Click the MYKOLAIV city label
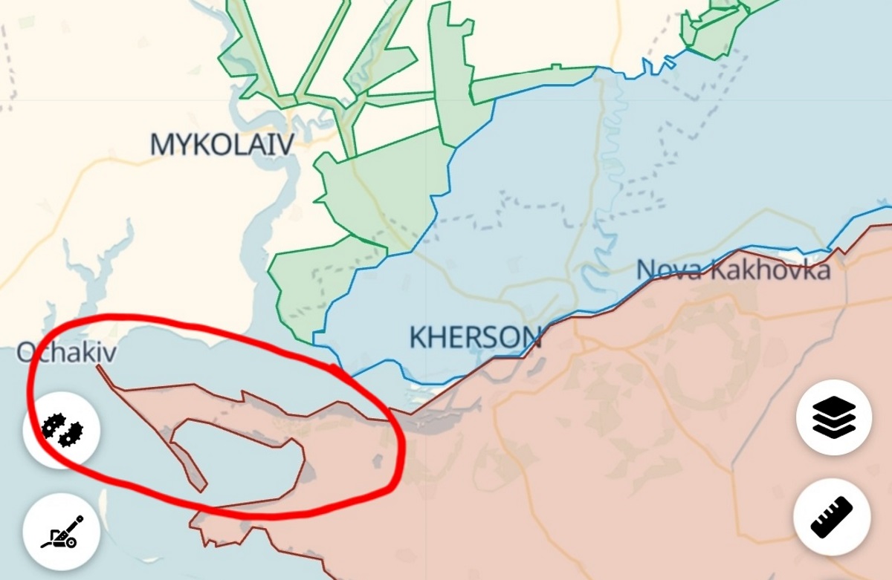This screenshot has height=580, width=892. click(x=222, y=144)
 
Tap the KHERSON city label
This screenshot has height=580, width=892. click(x=475, y=338)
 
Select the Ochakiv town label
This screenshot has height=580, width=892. click(x=67, y=352)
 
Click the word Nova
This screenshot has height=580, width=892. click(x=668, y=270)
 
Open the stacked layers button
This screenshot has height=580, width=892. click(x=833, y=417)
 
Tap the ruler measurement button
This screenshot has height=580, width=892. click(x=831, y=517)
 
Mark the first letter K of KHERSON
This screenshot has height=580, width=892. click(x=418, y=338)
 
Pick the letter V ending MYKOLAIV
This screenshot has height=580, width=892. click(x=283, y=144)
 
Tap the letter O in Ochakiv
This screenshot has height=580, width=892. click(x=28, y=352)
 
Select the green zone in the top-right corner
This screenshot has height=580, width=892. click(x=714, y=30)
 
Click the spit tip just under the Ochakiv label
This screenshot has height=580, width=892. click(x=100, y=367)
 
